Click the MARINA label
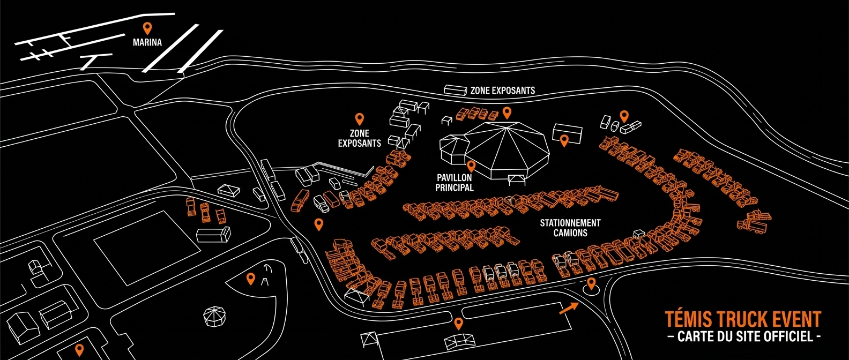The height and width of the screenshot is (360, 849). (x=147, y=42)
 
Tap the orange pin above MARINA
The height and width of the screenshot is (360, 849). (x=147, y=28)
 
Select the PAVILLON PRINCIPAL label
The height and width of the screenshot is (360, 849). (x=455, y=183)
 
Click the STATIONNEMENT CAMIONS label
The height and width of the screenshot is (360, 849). (x=570, y=228)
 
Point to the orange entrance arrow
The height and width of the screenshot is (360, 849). (x=569, y=309)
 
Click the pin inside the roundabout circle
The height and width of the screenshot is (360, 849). (x=591, y=283)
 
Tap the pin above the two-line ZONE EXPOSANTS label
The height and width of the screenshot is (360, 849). (x=359, y=119)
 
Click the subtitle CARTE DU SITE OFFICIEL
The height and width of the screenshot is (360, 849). (x=743, y=336)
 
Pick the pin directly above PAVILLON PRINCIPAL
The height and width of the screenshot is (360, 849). (x=471, y=166)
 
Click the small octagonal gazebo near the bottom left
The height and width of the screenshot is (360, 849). (x=214, y=317)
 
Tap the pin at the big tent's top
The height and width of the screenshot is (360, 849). (x=507, y=112)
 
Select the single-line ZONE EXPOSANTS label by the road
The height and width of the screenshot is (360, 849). (x=503, y=90)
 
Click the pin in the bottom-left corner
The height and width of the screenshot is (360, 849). (x=79, y=349)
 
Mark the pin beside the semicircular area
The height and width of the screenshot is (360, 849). (x=250, y=279)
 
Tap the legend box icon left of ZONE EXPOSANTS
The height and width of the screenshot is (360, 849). (x=455, y=90)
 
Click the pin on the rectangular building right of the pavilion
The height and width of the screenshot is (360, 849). (x=564, y=140)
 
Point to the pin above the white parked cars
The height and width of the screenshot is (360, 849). (x=624, y=116)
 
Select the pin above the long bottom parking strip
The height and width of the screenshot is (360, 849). (x=459, y=324)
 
